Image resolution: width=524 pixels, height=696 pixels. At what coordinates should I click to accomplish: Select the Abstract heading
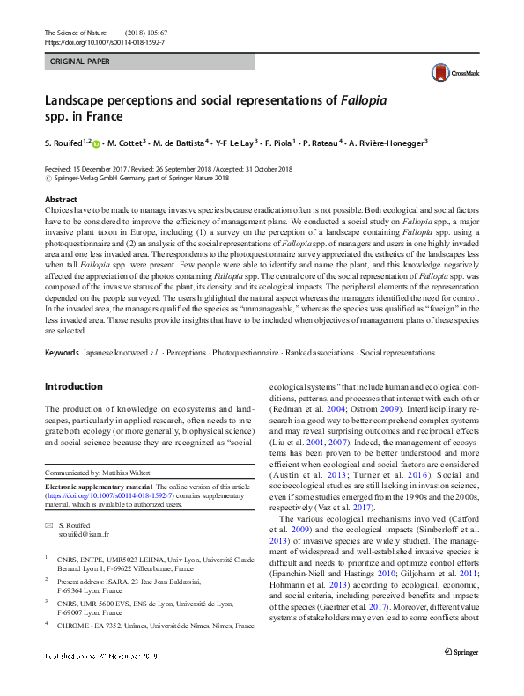(61, 201)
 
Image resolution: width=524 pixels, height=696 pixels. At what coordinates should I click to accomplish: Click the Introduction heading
(74, 386)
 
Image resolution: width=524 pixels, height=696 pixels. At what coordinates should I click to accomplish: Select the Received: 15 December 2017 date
(90, 167)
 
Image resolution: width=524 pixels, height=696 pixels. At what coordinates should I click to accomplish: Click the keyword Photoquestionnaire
(249, 352)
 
